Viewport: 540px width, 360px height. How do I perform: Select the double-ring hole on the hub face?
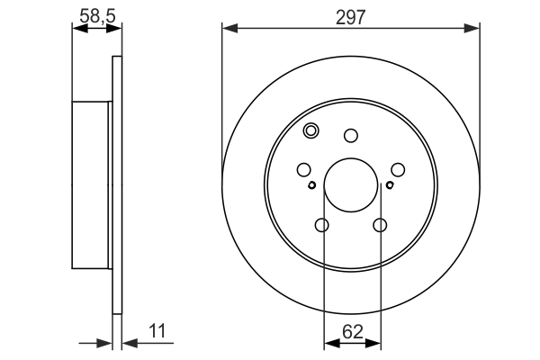click(x=311, y=131)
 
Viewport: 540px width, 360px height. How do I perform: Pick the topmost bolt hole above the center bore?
click(x=351, y=136)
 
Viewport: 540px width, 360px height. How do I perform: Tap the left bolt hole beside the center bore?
click(x=303, y=169)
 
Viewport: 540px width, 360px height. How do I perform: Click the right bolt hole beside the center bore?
click(x=399, y=169)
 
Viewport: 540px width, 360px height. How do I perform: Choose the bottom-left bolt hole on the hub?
click(x=322, y=226)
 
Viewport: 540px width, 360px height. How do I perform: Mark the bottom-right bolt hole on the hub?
click(x=380, y=226)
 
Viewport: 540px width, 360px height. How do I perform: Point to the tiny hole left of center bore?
click(x=311, y=186)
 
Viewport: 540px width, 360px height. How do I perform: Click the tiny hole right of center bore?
click(x=390, y=186)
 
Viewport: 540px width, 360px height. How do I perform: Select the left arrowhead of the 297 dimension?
click(x=228, y=29)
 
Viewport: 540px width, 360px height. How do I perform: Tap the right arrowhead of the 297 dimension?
click(x=474, y=29)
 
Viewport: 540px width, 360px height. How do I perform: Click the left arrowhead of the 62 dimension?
click(x=328, y=342)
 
